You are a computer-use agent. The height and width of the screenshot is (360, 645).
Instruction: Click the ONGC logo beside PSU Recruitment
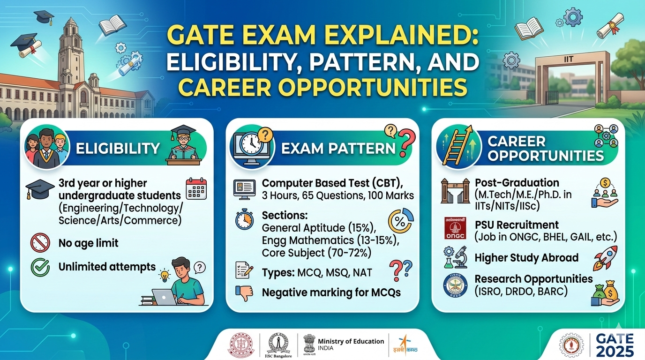coord(455,228)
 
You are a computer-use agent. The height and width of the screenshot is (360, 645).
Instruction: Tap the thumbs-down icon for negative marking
coord(244,293)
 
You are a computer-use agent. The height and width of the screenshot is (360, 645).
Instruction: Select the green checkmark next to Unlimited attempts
coord(40,267)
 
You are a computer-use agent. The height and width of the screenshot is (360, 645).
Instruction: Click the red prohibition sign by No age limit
coord(40,243)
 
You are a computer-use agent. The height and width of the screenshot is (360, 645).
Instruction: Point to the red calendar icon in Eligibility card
coord(196,189)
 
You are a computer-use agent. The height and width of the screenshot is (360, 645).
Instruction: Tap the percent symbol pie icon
coord(400,221)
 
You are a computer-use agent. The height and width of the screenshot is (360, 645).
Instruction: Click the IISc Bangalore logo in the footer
coord(278,345)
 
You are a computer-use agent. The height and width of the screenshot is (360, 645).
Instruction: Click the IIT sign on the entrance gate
coord(569,60)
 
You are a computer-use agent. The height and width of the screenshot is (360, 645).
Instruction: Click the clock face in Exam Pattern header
coord(251,143)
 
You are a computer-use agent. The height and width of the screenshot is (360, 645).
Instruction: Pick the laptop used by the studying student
coord(164,297)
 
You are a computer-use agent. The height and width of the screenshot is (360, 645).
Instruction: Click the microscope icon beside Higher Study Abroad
coord(460,257)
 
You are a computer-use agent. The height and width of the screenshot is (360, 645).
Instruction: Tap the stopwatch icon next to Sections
coord(244,219)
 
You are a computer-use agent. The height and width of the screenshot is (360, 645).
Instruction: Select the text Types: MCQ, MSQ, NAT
coord(317,272)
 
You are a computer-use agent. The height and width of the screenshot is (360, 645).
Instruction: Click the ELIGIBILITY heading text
coord(118,149)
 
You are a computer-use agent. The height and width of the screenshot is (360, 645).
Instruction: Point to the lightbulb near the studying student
coord(165,276)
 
